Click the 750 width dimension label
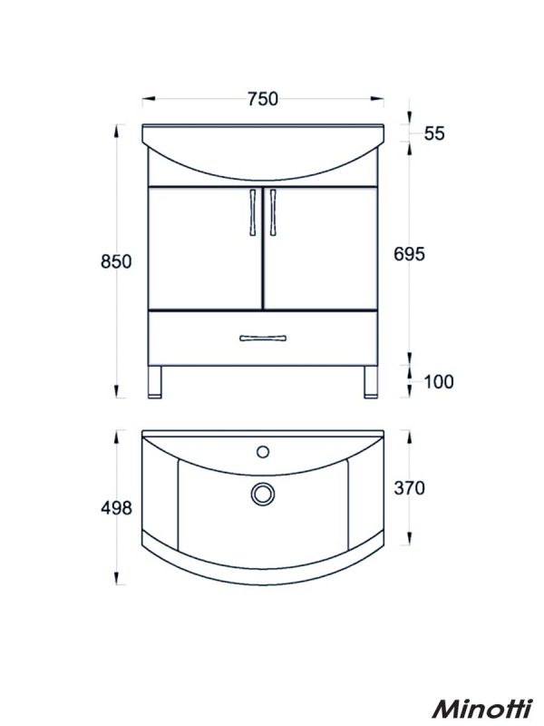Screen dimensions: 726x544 point(261,99)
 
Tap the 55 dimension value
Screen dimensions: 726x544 point(434,133)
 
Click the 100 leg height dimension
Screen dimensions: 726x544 point(438,381)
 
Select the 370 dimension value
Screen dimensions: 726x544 point(409,488)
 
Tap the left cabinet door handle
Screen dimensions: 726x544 point(249,214)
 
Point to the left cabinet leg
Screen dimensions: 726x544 point(156,381)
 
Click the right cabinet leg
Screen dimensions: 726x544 point(369,381)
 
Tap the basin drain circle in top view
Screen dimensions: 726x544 point(262,493)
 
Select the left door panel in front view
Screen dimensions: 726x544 point(203,247)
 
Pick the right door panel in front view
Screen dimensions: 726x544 point(320,247)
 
